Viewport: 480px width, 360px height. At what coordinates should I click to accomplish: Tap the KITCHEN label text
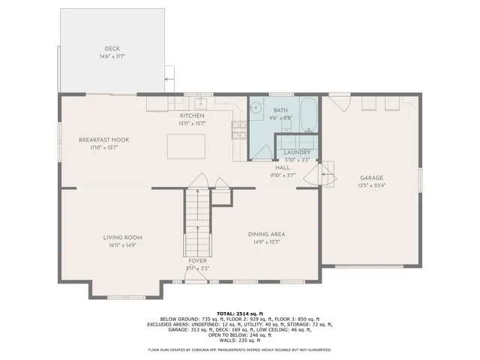tap(191, 115)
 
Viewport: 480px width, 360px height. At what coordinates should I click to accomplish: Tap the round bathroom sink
tap(255, 106)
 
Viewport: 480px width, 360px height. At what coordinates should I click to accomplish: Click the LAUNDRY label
tap(297, 152)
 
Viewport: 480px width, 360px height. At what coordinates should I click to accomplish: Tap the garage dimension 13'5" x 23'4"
tap(371, 185)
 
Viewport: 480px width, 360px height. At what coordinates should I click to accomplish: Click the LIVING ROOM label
tap(122, 238)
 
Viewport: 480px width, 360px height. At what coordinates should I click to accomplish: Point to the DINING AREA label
tap(267, 234)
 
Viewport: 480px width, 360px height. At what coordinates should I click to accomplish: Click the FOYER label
tap(197, 260)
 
